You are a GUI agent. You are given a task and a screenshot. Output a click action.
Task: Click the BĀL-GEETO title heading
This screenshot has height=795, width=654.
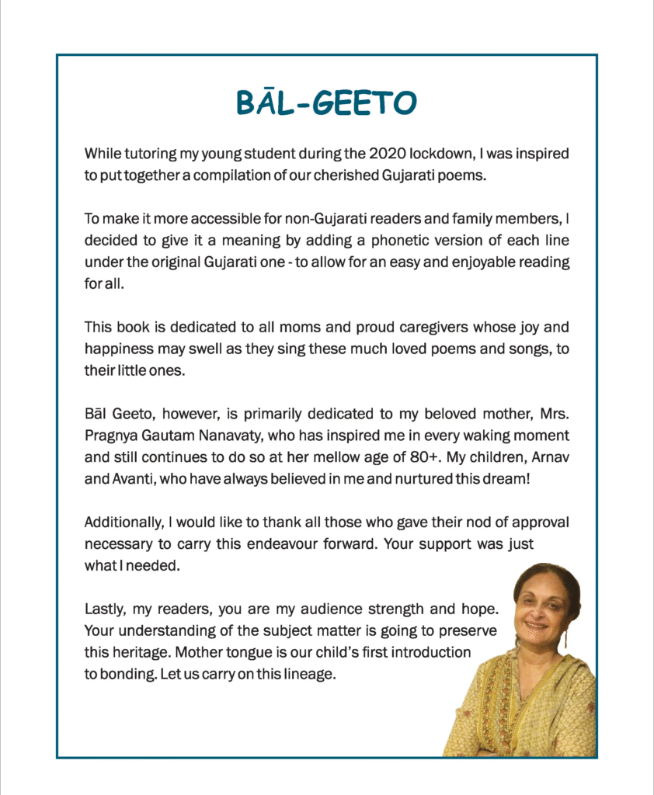point(326,102)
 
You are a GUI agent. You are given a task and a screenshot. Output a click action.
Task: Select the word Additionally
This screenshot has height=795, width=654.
point(120,522)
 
